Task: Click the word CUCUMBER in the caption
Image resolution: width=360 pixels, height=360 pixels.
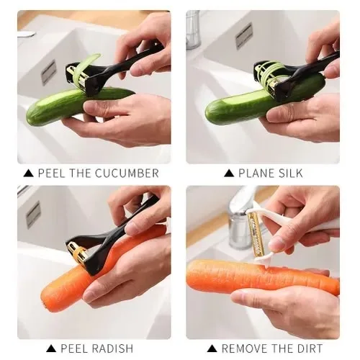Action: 127,174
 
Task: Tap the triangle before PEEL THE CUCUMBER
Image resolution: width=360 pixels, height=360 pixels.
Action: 28,174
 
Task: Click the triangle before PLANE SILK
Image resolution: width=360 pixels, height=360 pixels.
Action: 229,174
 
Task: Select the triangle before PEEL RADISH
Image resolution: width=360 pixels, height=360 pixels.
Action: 51,348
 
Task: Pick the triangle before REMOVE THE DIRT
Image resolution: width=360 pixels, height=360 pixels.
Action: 212,348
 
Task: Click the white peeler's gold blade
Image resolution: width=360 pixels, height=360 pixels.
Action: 255,233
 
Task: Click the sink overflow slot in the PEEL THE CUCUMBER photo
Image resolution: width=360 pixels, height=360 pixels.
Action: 48,73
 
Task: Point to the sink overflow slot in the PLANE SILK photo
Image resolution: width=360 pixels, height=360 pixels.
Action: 244,36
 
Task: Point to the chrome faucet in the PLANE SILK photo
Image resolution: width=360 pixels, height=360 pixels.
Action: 193,30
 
